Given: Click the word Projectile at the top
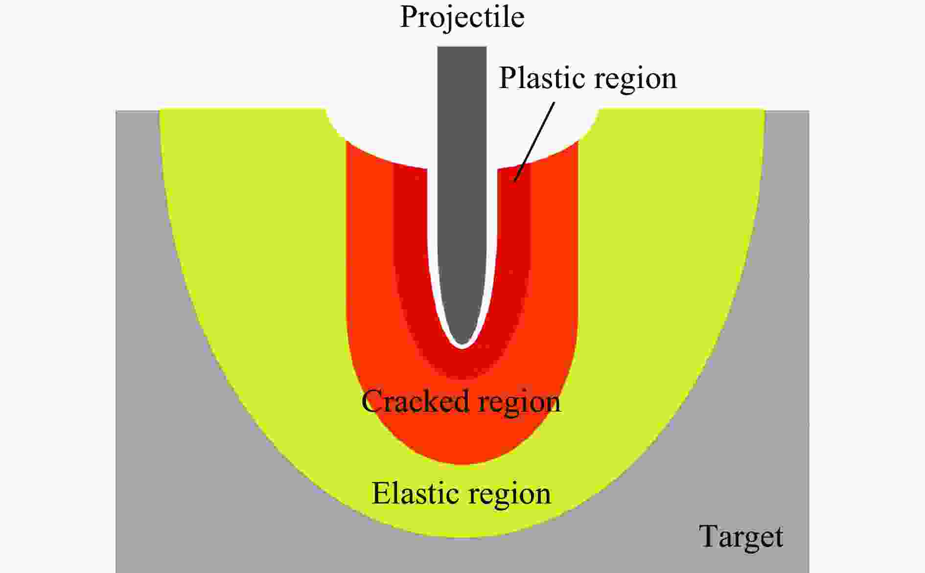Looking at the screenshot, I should (x=462, y=18).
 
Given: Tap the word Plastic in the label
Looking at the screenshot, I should (x=539, y=78).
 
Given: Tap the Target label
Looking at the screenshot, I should (x=741, y=537).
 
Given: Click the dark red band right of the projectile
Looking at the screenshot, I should (x=514, y=245).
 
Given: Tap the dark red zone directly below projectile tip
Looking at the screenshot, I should (x=462, y=365).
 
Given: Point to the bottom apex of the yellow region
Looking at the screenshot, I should (x=462, y=531).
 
